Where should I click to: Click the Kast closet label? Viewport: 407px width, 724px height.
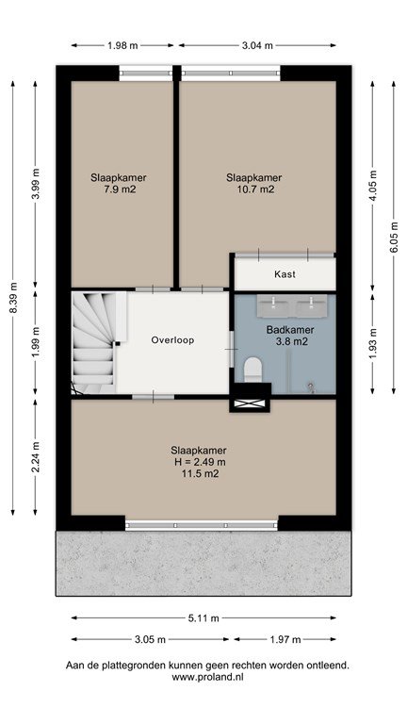[285, 274]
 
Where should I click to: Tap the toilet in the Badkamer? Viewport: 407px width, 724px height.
[252, 370]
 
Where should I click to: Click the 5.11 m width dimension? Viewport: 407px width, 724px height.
[203, 617]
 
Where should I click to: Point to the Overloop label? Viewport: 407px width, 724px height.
[172, 340]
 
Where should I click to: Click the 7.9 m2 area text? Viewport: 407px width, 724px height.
[120, 189]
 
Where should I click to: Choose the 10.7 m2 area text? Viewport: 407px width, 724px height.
[253, 189]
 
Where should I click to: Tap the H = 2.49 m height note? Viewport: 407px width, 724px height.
[199, 462]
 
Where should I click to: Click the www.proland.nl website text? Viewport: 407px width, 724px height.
[207, 678]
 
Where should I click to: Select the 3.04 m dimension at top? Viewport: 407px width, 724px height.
[257, 45]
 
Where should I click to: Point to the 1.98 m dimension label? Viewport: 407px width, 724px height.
[122, 45]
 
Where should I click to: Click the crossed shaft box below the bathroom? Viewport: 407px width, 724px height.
[250, 404]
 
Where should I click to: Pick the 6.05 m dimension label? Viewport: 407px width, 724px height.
[394, 238]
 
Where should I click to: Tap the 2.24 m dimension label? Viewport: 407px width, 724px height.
[36, 457]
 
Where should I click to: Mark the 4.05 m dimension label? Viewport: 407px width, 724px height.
[373, 186]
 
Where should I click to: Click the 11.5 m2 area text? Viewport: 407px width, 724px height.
[200, 473]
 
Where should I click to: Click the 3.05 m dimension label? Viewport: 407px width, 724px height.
[150, 639]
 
